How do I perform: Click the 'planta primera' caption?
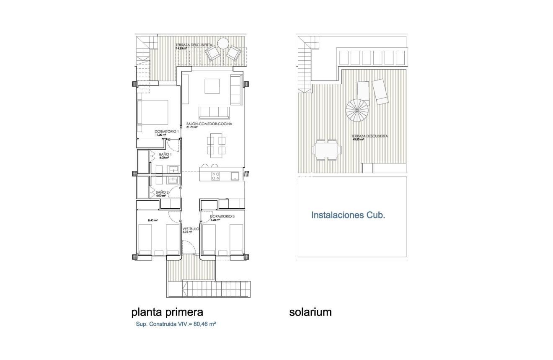pos(167,312)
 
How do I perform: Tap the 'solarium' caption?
pos(310,312)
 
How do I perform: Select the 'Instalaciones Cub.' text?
pos(348,215)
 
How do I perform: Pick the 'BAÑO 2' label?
pos(162,192)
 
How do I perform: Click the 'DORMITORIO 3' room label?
pos(222,216)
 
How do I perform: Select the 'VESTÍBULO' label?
pos(191,229)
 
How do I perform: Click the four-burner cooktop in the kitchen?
pos(215,176)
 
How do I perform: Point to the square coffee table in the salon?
pos(212,86)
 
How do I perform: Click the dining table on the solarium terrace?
pos(326,150)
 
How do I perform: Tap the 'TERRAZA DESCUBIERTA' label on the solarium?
pos(370,136)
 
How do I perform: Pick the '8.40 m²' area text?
pos(152,220)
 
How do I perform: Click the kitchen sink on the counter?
pos(235,176)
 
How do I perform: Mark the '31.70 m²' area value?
pos(192,127)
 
